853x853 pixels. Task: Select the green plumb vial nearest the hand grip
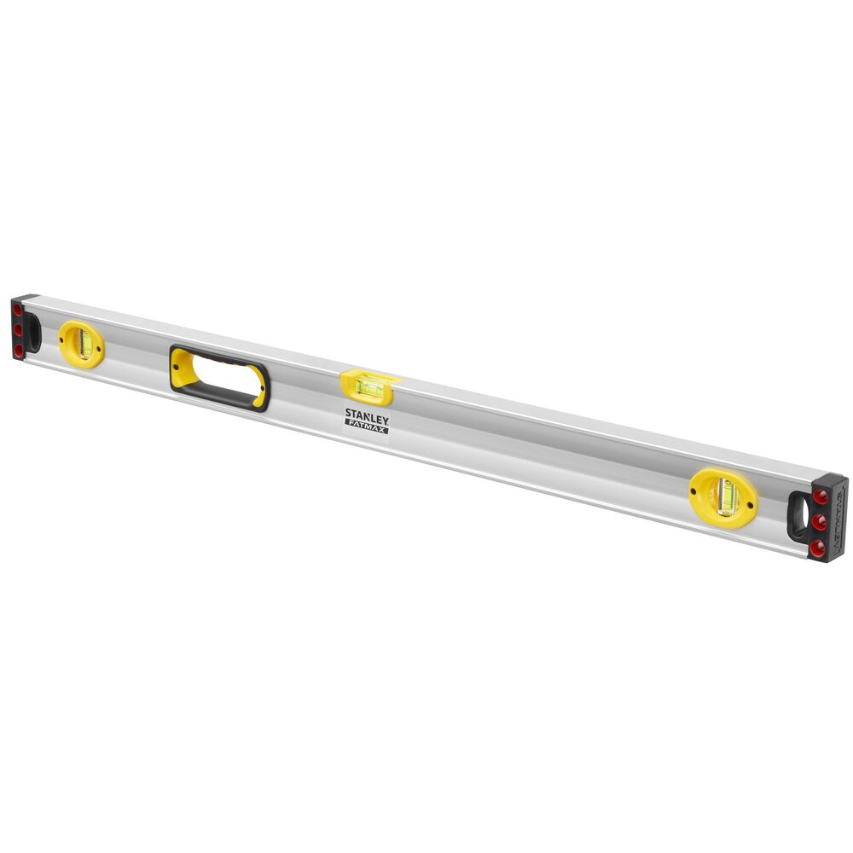(x=84, y=343)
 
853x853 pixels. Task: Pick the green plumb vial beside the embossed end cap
(x=726, y=496)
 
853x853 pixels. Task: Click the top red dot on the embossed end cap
(x=820, y=496)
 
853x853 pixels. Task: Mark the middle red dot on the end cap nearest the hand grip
(x=17, y=331)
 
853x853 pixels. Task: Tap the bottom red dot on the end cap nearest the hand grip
(x=17, y=350)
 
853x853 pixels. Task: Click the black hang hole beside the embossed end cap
(x=801, y=514)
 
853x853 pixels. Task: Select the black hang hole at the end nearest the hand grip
(x=33, y=330)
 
